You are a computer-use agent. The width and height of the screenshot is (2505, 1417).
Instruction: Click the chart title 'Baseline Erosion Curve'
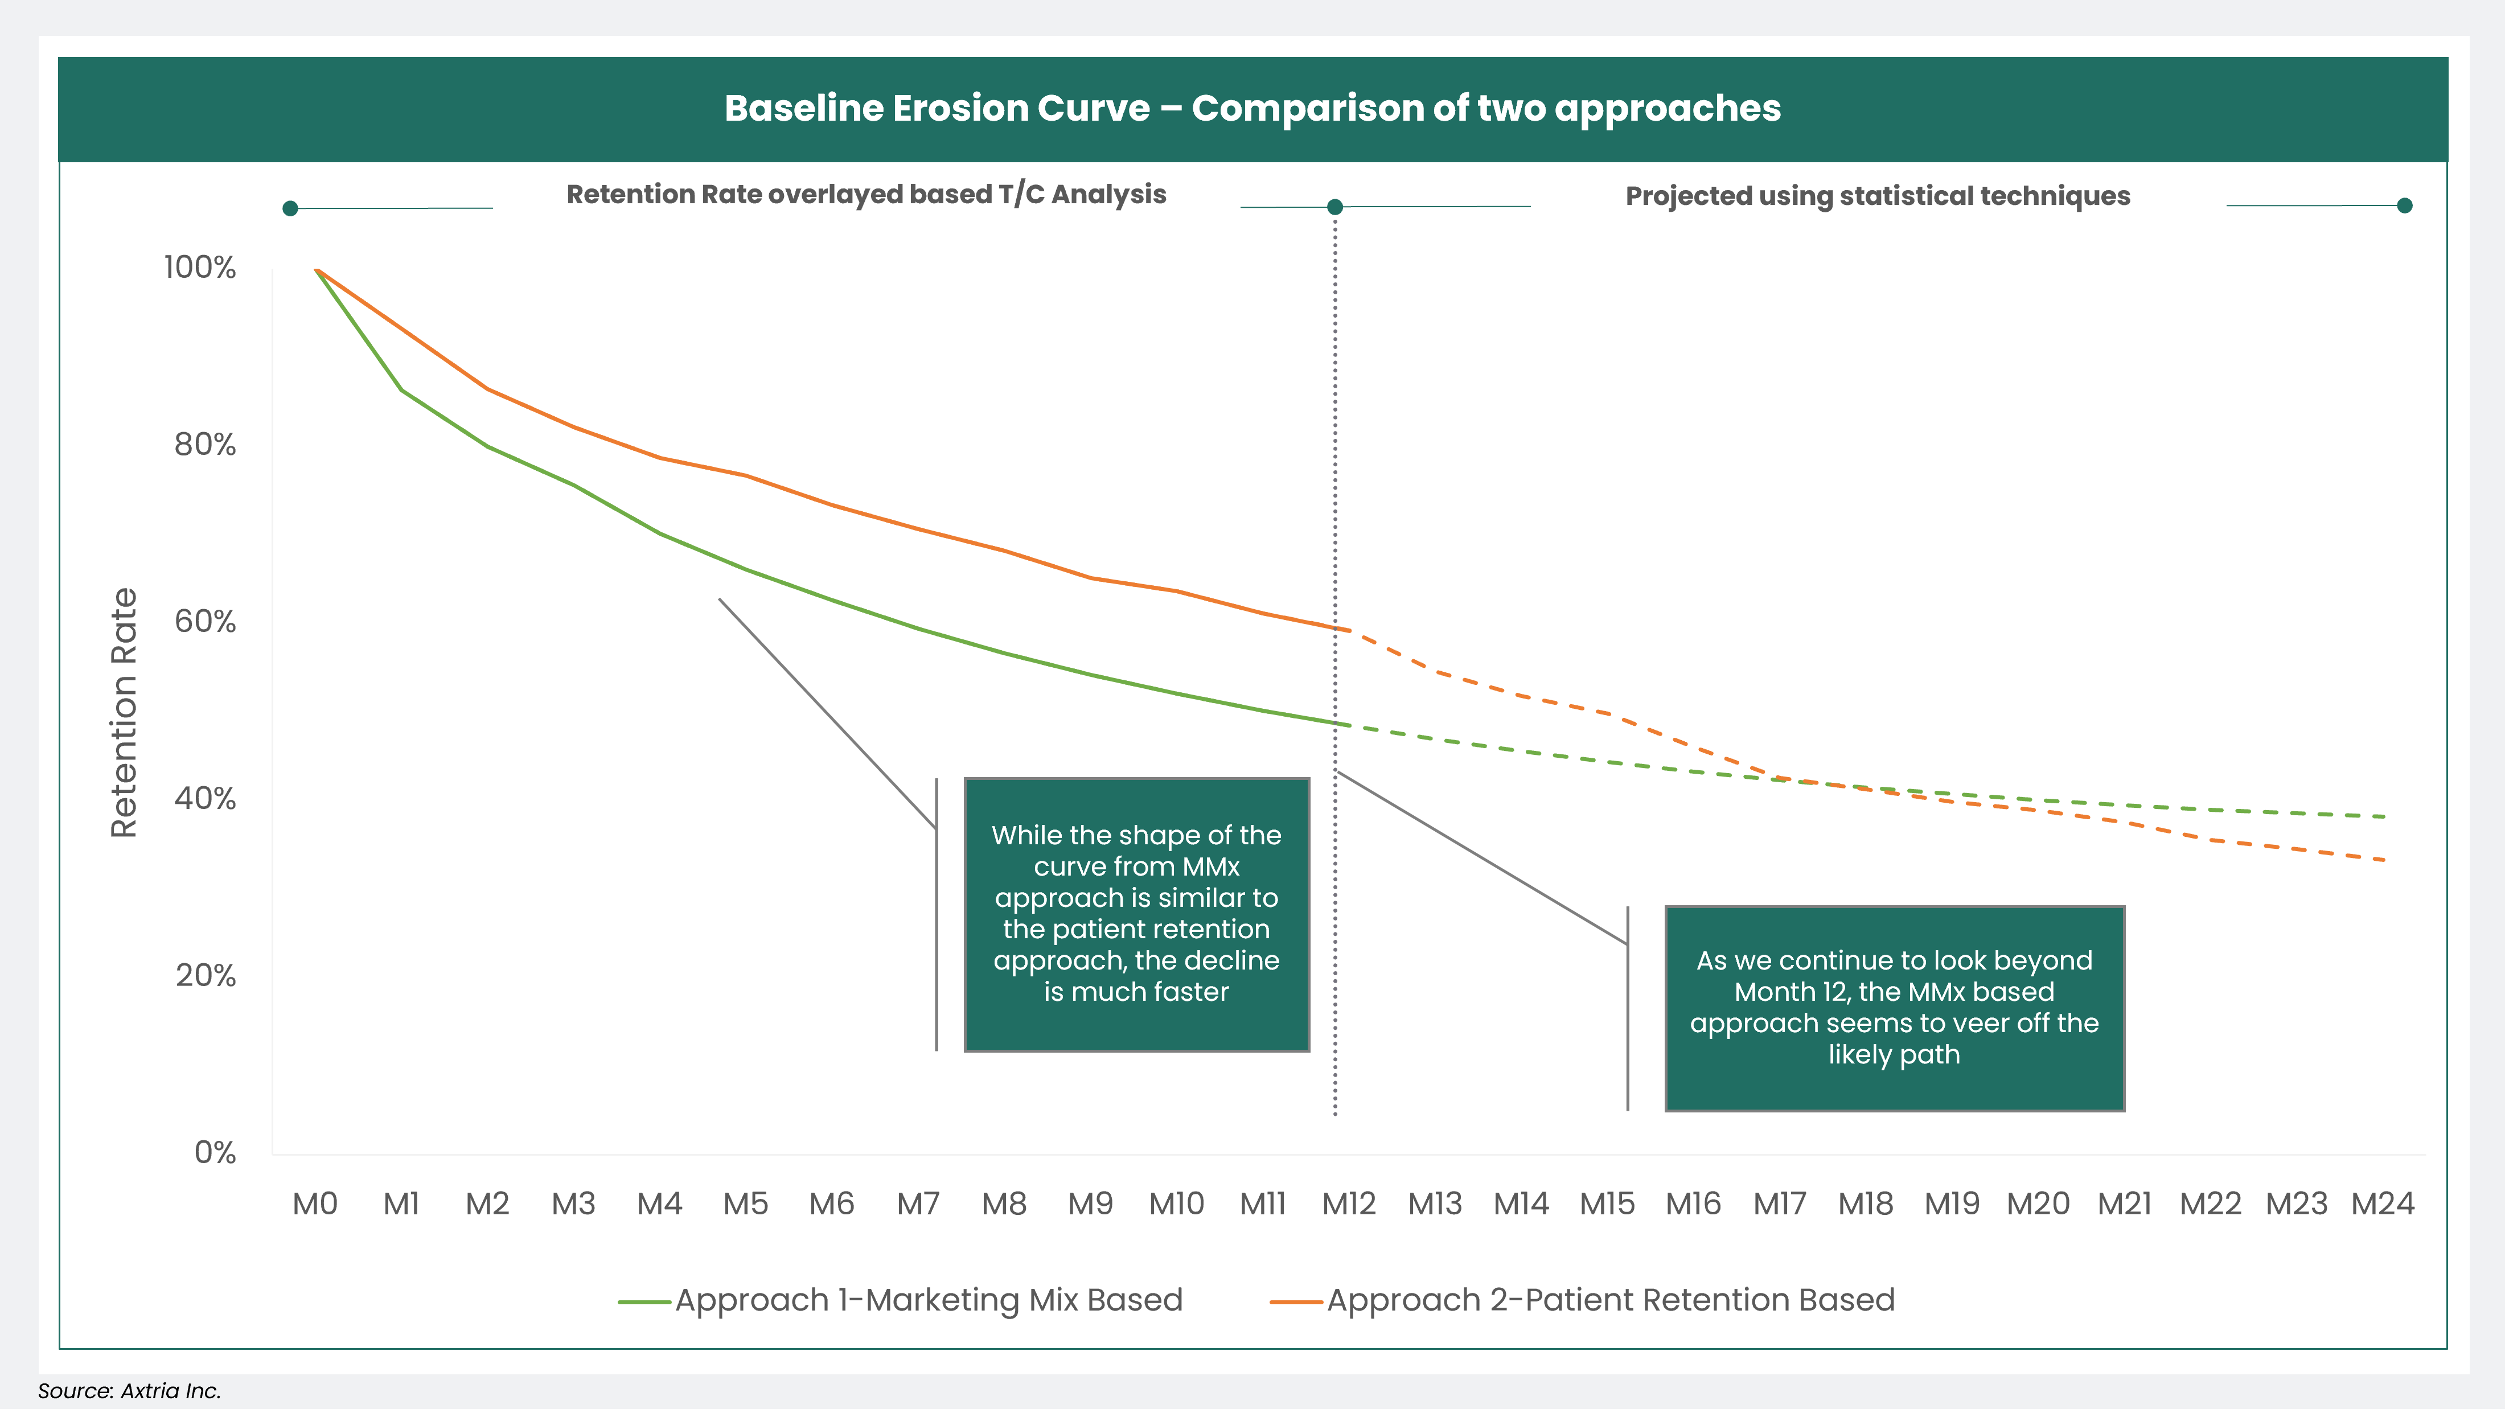[x=1252, y=108]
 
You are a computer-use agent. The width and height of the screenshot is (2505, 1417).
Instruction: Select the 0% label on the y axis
[x=215, y=1152]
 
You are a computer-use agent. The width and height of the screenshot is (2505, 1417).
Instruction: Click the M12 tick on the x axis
[x=1349, y=1205]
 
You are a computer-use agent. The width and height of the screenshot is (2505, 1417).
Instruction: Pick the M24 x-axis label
[x=2383, y=1205]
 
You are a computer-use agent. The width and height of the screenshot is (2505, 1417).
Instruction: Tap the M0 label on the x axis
[x=315, y=1205]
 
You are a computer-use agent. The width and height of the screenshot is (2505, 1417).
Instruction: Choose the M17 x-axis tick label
[x=1779, y=1205]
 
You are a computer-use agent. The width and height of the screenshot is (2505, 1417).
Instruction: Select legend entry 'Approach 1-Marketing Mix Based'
[x=929, y=1300]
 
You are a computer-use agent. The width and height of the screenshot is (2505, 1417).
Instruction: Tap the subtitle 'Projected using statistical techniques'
[x=1877, y=196]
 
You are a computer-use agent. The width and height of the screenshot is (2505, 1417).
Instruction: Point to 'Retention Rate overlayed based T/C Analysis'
[x=866, y=195]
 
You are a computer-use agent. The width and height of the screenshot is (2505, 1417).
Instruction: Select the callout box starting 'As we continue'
[x=1894, y=1008]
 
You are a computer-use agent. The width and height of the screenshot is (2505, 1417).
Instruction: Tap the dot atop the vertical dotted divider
[x=1335, y=206]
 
